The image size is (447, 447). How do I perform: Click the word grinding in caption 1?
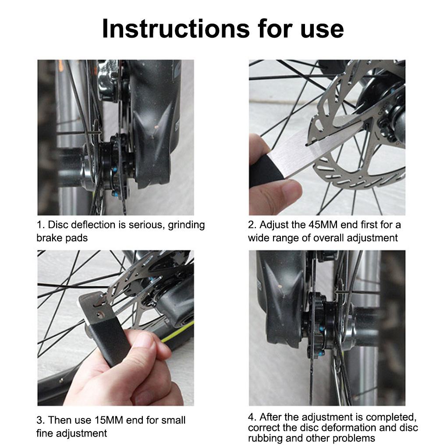click(x=186, y=225)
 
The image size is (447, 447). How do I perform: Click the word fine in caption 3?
click(x=45, y=433)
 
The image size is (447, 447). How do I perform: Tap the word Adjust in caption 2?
click(x=273, y=225)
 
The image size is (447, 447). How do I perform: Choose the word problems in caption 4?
click(x=350, y=438)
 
